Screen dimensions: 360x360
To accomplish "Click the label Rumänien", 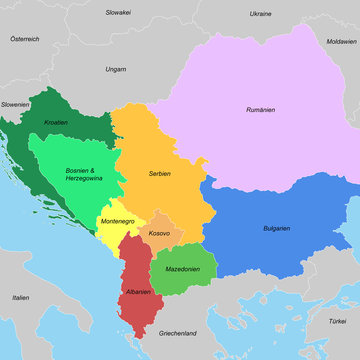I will [262, 109].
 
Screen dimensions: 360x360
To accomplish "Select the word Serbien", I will [159, 174].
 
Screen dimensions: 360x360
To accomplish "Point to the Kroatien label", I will [56, 123].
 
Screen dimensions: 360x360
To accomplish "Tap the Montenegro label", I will [119, 220].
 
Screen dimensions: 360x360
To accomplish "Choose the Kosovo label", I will [158, 233].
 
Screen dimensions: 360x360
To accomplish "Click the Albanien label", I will [138, 292].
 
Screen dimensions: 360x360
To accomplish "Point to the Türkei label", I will [337, 321].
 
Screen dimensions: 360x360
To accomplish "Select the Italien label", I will [20, 298].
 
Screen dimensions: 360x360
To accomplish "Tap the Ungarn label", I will [115, 70].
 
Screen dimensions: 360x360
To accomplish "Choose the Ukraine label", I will [260, 15].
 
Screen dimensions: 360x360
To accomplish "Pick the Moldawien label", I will [341, 43].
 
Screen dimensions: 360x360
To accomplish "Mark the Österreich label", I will [25, 38].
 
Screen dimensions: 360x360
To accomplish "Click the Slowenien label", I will [15, 103].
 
